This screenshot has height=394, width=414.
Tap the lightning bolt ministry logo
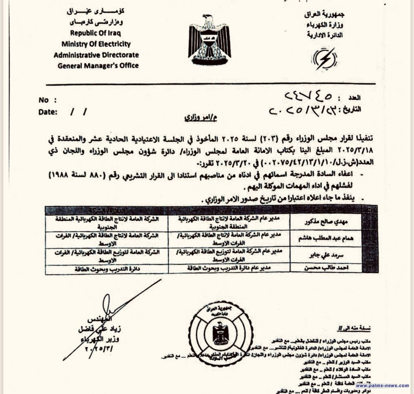[325, 59]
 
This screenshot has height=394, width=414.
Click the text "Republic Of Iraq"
[96, 33]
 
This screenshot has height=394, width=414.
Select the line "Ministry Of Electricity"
[96, 44]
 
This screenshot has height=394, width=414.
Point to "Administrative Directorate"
[96, 55]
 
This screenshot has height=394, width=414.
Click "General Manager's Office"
[98, 66]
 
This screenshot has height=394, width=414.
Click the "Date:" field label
[48, 112]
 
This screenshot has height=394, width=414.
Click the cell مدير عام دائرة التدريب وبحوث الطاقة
[228, 269]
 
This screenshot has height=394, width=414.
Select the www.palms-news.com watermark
[382, 385]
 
